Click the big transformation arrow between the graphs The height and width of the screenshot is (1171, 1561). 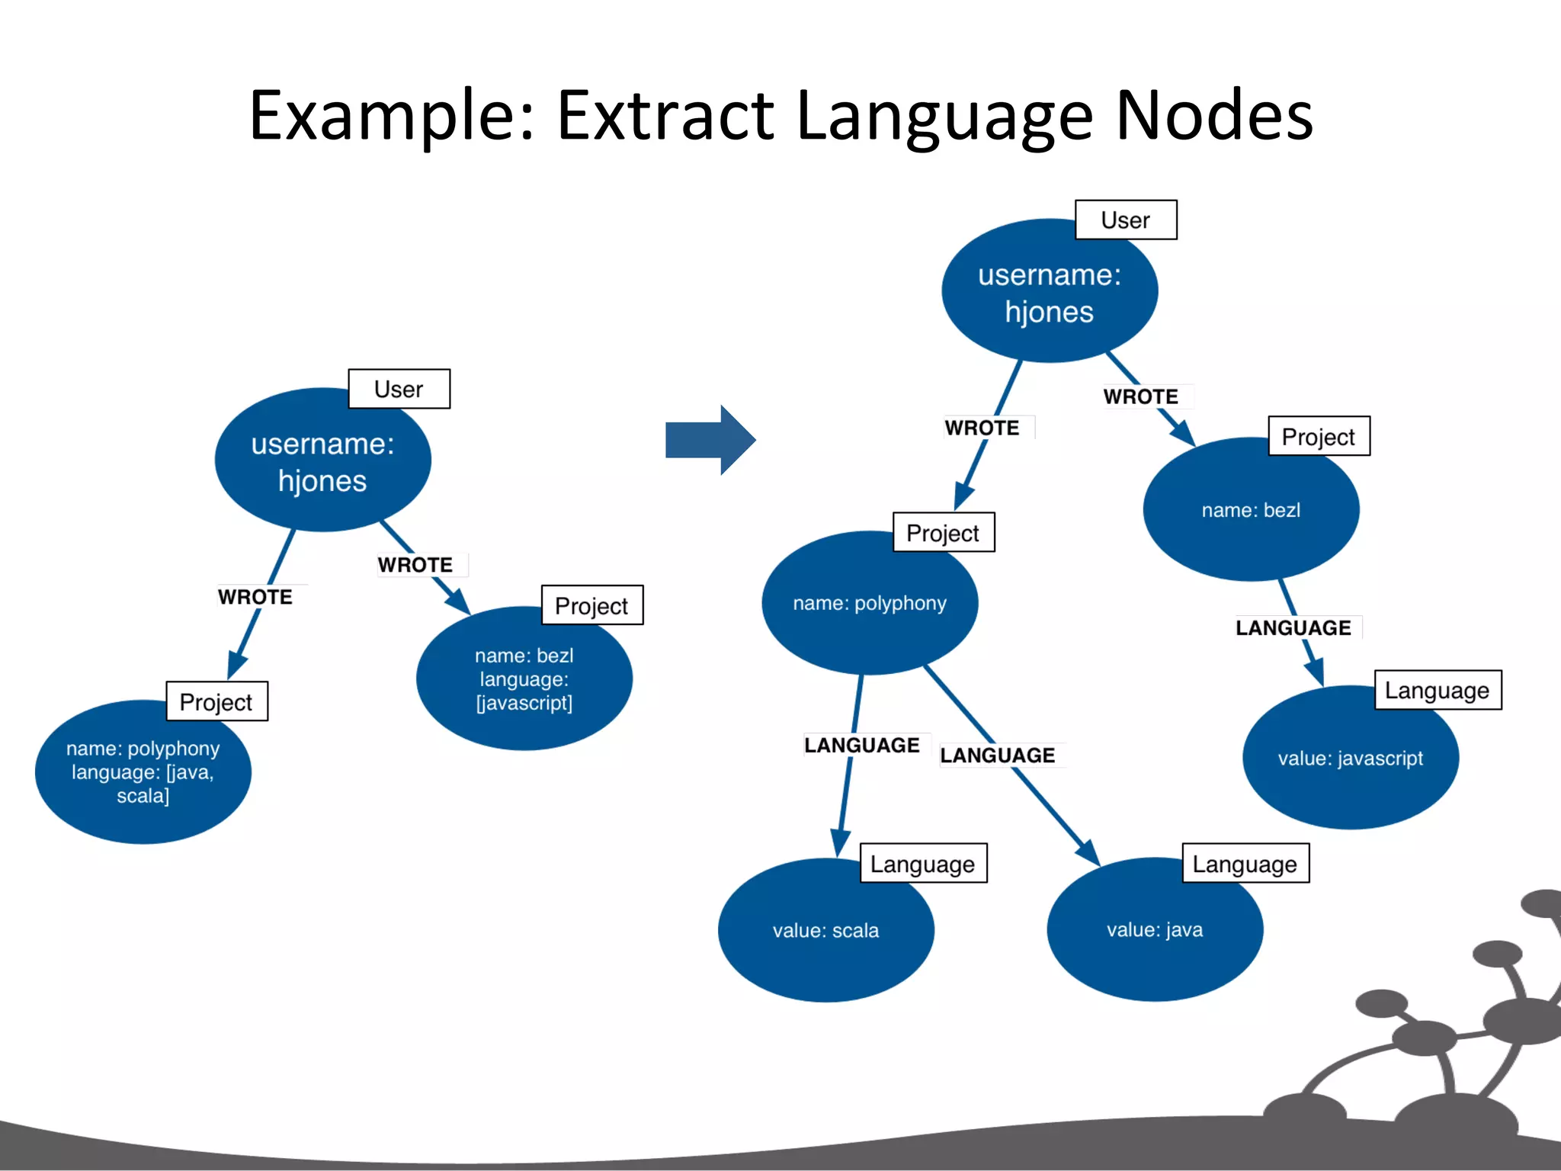tap(709, 440)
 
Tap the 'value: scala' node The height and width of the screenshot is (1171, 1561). tap(825, 930)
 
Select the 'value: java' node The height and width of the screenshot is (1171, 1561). tap(1155, 929)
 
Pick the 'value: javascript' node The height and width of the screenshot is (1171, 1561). tap(1350, 758)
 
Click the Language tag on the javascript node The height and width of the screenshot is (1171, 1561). tap(1438, 691)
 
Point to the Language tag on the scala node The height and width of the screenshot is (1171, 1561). tap(923, 864)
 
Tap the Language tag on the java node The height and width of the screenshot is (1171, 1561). tap(1245, 864)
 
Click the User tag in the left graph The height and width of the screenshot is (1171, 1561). tap(399, 389)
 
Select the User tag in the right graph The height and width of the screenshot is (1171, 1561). tap(1126, 220)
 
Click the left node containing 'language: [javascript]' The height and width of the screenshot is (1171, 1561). tap(524, 679)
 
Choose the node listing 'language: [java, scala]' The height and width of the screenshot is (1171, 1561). tap(143, 772)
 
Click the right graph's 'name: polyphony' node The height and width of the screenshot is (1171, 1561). tap(869, 603)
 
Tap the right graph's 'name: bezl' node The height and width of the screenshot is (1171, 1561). tap(1251, 510)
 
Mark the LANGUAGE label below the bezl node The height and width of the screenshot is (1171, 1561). tap(1293, 627)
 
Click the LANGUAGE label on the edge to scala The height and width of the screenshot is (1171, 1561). tap(862, 745)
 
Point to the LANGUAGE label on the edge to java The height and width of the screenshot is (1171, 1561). tap(998, 755)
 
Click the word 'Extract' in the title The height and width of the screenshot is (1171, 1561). tap(665, 116)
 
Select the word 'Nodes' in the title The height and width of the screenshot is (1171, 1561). tap(1214, 116)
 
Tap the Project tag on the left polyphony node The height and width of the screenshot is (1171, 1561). tap(216, 701)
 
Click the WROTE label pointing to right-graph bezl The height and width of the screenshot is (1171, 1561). tap(1141, 396)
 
